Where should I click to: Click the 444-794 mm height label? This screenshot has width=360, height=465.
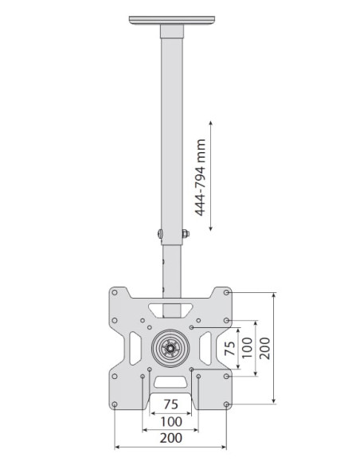(200, 177)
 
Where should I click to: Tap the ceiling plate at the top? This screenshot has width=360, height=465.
(172, 21)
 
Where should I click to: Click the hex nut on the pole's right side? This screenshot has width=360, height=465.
(186, 233)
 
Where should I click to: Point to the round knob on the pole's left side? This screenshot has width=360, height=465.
(160, 234)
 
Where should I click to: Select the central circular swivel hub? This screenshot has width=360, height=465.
(170, 348)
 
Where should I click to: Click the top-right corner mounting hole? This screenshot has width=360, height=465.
(226, 292)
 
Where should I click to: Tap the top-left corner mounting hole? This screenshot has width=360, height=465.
(115, 292)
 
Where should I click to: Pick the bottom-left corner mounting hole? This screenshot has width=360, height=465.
(115, 404)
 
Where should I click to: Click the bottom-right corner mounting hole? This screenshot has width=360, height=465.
(226, 404)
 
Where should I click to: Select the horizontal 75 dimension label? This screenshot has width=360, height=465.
(171, 404)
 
